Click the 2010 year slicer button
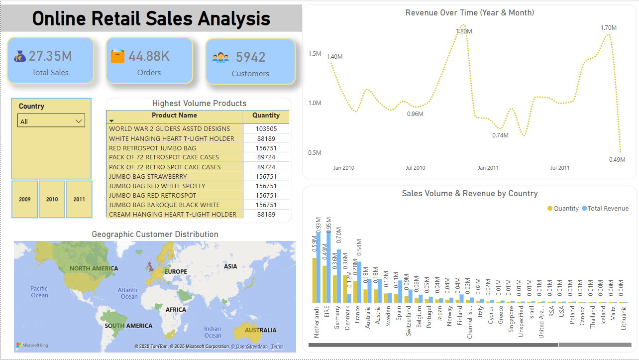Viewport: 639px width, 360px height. point(52,199)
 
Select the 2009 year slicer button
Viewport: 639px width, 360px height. point(25,199)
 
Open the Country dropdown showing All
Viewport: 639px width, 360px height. point(51,121)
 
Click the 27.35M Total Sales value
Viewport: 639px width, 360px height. point(50,56)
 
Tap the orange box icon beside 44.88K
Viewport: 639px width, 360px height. point(117,56)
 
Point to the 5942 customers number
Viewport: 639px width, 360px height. point(250,57)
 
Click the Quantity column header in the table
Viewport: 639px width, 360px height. point(266,115)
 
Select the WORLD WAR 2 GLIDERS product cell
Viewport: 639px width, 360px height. point(170,129)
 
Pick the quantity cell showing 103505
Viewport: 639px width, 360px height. point(266,129)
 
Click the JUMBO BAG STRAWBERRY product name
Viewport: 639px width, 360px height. point(148,176)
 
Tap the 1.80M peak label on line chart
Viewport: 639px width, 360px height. point(464,31)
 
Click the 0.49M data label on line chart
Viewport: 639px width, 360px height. point(617,159)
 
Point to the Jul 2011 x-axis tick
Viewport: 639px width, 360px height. point(560,168)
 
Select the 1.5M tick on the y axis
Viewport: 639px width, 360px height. point(315,54)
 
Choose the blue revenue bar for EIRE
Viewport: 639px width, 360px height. point(328,266)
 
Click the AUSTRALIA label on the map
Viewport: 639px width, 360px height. point(260,330)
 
